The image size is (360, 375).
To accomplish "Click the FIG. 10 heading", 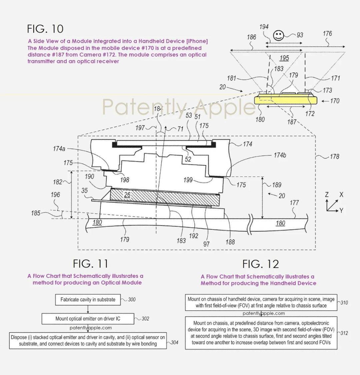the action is (45, 29).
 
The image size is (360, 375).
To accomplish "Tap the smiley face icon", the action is (278, 35).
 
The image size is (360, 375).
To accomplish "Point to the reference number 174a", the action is (59, 149).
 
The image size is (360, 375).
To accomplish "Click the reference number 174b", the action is (280, 155).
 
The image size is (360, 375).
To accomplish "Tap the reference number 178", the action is (334, 156).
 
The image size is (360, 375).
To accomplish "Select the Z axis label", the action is (327, 195).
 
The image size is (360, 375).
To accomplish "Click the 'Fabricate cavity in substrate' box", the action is (88, 300).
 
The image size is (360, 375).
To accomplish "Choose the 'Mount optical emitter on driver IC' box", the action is (88, 319).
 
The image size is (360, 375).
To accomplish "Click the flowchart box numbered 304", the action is (88, 341).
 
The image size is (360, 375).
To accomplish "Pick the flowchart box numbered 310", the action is (261, 303).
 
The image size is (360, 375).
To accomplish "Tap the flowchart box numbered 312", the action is (261, 333).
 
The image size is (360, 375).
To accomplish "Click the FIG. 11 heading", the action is (91, 264).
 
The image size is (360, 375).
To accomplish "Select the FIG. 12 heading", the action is (261, 264).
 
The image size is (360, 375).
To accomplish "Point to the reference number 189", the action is (277, 185).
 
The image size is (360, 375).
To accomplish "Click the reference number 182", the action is (58, 182).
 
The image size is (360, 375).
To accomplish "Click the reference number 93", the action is (300, 35).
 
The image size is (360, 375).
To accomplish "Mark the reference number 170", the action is (335, 101).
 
